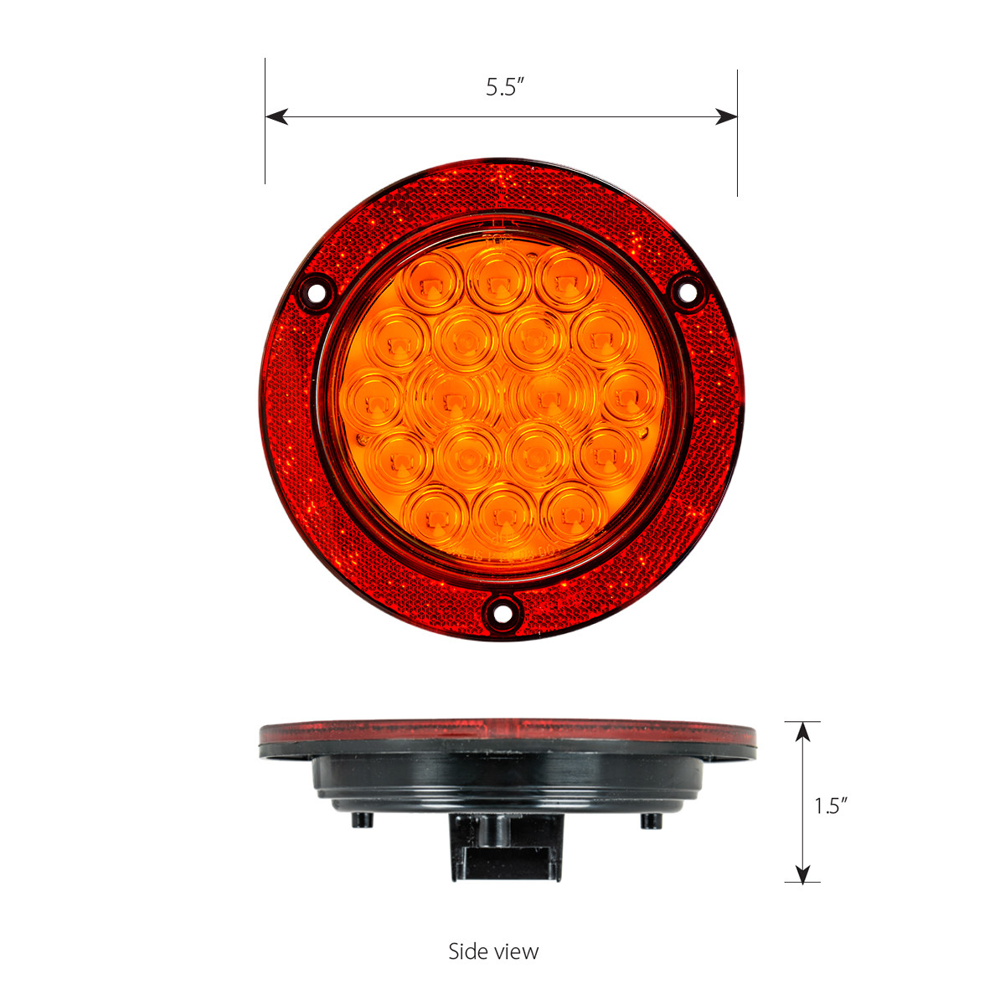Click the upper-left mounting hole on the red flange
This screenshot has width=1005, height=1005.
(x=317, y=295)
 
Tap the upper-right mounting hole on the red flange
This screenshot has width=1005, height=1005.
(x=688, y=291)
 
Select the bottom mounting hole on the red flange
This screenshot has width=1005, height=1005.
(x=502, y=612)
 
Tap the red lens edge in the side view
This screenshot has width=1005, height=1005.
(x=508, y=734)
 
